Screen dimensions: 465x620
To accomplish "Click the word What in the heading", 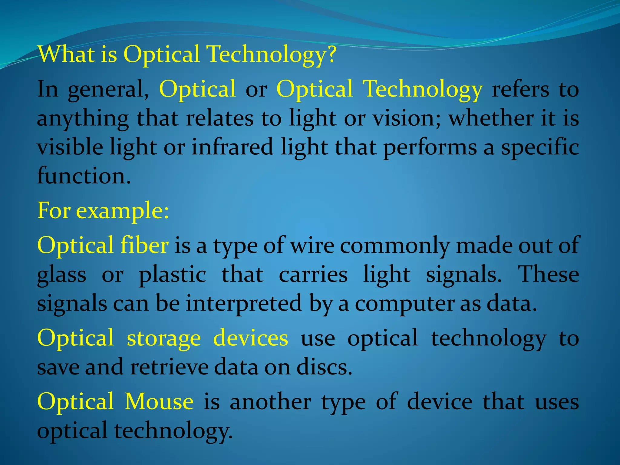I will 66,54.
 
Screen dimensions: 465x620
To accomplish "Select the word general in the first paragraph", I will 108,90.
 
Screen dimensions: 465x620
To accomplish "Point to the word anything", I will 83,119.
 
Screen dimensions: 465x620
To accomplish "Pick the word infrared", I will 232,147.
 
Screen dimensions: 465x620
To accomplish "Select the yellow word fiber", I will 144,245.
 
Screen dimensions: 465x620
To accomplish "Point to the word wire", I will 312,245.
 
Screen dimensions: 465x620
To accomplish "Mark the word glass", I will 61,275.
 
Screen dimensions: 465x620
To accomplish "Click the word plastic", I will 172,275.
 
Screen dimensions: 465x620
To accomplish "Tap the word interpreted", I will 244,304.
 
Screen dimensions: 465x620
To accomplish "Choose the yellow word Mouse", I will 159,402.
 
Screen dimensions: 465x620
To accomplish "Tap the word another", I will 270,402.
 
